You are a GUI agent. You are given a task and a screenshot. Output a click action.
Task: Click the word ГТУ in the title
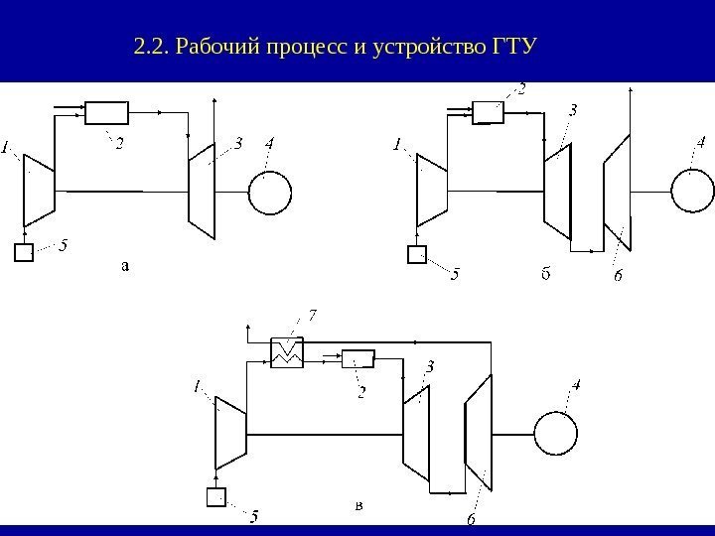click(508, 46)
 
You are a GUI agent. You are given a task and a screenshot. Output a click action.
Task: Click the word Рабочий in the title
click(211, 46)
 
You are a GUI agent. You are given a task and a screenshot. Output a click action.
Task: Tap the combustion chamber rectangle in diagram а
click(107, 112)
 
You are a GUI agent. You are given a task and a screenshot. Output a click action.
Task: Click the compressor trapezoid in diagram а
click(39, 189)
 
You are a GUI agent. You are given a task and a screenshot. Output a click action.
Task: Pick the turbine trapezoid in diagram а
click(203, 189)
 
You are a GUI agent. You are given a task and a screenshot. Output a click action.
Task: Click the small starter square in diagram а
click(24, 252)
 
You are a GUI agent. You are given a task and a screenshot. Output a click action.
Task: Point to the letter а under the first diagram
click(125, 265)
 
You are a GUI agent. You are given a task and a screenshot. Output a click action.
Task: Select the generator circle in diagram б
click(692, 190)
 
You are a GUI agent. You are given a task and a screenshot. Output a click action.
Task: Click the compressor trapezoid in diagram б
click(432, 189)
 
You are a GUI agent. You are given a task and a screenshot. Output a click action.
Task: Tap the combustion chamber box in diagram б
click(488, 112)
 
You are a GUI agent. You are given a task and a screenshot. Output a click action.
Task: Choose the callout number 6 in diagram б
click(617, 277)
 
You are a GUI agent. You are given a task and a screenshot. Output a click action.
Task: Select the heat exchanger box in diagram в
click(286, 352)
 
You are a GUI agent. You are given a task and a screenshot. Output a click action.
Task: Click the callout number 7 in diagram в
click(313, 317)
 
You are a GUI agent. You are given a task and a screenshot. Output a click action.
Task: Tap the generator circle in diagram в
click(555, 433)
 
